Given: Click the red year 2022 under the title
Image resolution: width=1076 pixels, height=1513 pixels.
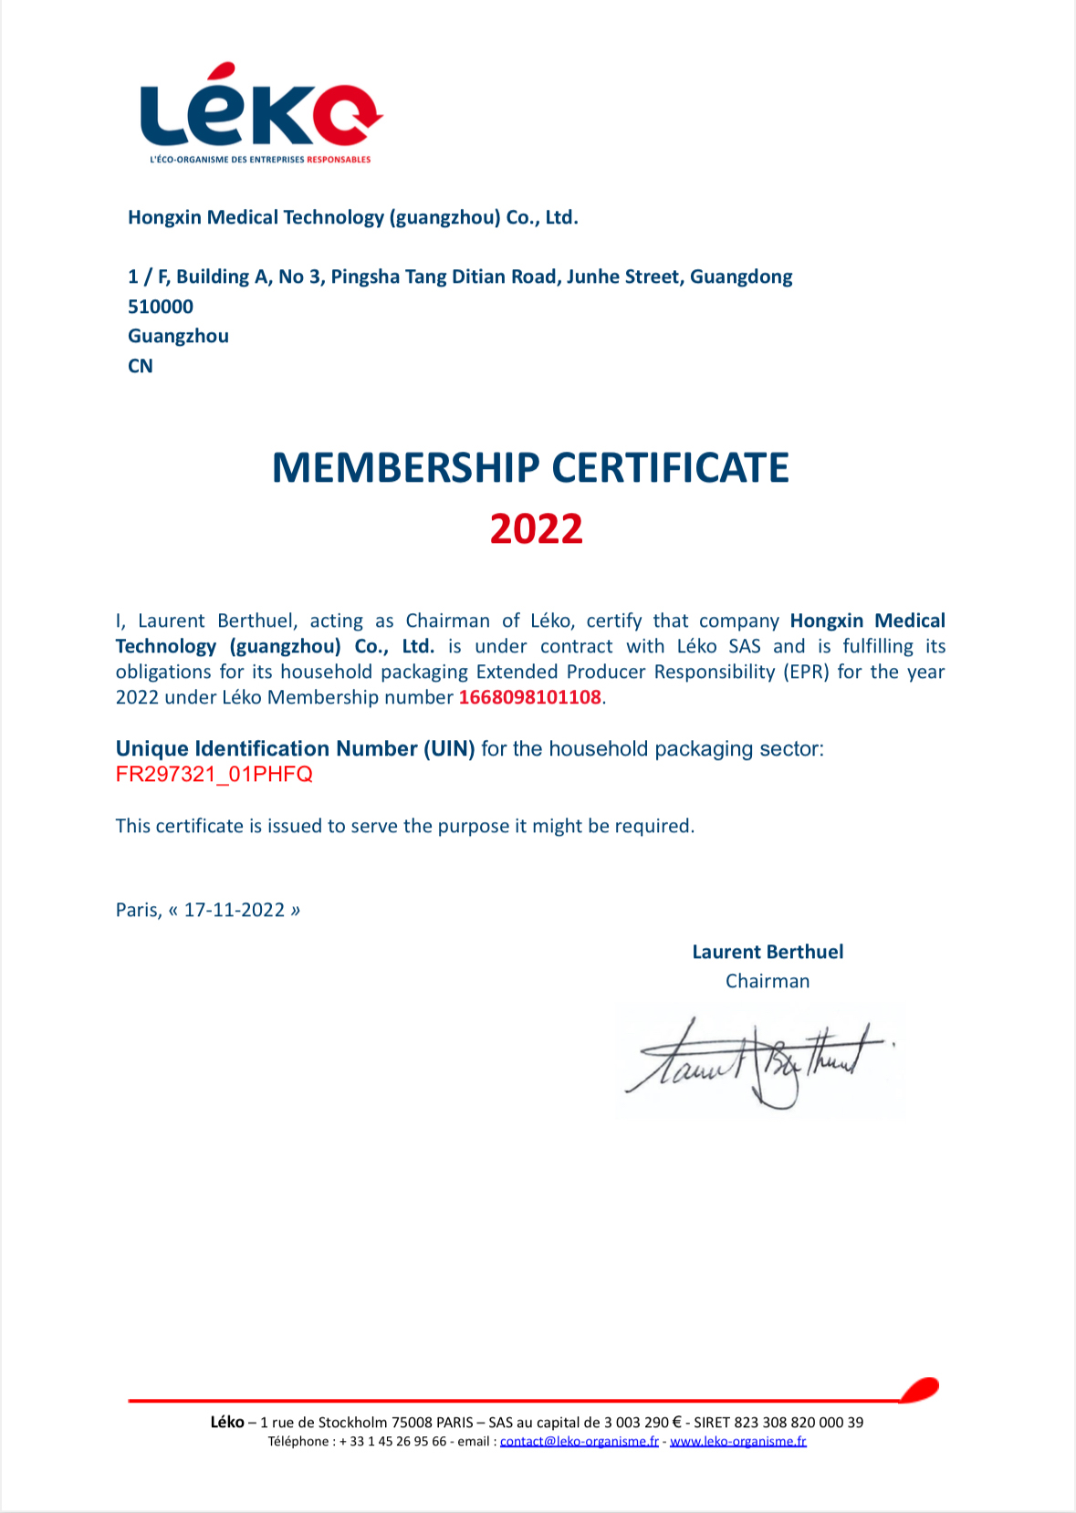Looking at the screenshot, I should (536, 529).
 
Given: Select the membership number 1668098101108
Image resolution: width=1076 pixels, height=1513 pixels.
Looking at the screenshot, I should (529, 698).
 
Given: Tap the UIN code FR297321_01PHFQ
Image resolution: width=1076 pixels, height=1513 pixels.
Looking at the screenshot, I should (214, 775).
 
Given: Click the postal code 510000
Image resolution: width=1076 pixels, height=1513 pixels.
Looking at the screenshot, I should (161, 307).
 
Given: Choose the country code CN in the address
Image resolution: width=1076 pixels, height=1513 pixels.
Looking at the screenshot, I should (141, 366).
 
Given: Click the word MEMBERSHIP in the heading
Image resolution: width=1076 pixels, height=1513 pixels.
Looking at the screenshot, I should (406, 468).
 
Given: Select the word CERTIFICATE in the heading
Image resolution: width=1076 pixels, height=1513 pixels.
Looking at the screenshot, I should (671, 468).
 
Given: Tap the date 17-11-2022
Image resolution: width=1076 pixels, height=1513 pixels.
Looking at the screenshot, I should (235, 910).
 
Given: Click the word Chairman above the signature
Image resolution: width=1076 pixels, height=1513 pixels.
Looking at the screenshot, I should (768, 981).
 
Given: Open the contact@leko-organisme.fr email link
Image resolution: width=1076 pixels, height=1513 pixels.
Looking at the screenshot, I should (580, 1442).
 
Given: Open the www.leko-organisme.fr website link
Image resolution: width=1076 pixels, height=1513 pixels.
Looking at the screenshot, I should (738, 1442).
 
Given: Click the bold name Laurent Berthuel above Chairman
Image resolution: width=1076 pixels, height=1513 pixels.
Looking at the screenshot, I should (768, 952).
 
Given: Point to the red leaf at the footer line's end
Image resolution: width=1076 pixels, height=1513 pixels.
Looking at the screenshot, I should (920, 1389).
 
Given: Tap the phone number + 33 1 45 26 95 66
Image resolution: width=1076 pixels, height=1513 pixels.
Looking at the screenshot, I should (392, 1442).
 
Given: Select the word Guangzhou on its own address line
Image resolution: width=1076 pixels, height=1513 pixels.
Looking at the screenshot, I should (178, 336).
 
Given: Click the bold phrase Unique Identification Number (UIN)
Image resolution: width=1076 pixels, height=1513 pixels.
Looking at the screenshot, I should (295, 749).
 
